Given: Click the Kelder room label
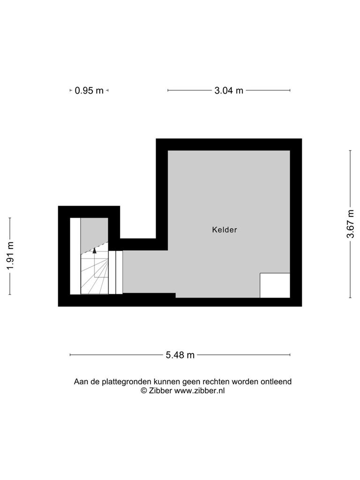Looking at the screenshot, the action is [225, 230].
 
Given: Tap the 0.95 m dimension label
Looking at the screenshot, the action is [89, 90].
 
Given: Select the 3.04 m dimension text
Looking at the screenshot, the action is [229, 90].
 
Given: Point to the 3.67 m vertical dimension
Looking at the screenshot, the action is [351, 224].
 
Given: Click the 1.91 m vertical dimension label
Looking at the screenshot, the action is [10, 255].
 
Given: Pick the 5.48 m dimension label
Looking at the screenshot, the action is [180, 355].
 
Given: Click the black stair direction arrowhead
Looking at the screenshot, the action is [94, 250].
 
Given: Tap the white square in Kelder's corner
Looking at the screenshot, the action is [275, 285].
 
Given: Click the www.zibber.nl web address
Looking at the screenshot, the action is [199, 390].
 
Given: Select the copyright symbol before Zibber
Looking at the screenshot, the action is [143, 390].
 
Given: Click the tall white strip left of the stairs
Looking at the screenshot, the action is [75, 256].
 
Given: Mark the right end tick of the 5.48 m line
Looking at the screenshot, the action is [290, 355].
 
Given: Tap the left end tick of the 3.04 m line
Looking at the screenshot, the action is [168, 90].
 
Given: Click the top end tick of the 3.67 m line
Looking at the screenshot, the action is [351, 150].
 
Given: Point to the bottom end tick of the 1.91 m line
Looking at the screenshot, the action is [10, 294].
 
